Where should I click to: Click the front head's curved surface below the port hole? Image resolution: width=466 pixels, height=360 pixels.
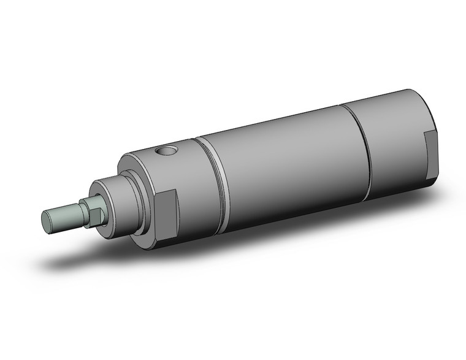(x=184, y=184)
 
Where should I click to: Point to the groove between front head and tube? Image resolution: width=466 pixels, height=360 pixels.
(x=211, y=184)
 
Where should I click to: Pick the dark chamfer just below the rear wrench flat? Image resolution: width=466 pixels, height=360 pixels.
(x=432, y=180)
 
